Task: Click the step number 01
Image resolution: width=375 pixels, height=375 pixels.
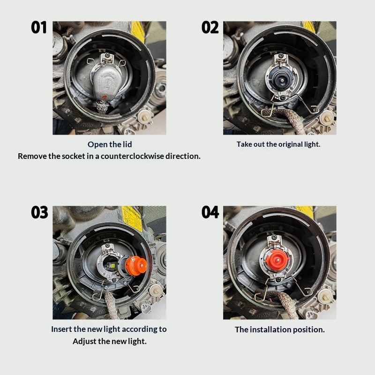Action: coord(39,27)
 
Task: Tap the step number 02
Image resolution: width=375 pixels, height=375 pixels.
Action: coord(210,27)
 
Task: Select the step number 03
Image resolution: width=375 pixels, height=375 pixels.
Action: coord(39,212)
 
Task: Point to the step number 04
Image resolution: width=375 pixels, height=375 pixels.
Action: coord(210,212)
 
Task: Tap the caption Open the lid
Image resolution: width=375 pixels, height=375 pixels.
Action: coord(110,144)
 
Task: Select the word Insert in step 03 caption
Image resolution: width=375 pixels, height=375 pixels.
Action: coord(61,329)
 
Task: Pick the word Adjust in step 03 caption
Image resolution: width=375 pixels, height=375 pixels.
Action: coord(84,341)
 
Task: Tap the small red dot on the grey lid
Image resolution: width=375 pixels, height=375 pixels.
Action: coord(105,97)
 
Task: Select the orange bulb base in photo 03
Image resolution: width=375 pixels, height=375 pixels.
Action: coord(136,266)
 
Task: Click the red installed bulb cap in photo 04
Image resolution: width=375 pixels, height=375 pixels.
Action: coord(277,260)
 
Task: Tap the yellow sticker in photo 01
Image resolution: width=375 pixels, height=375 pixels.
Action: coord(138,31)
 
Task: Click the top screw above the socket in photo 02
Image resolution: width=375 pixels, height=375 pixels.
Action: coord(281,56)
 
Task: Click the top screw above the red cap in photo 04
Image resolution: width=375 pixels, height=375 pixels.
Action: coord(275,237)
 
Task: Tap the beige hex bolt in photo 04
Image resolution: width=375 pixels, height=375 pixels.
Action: coord(325,297)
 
